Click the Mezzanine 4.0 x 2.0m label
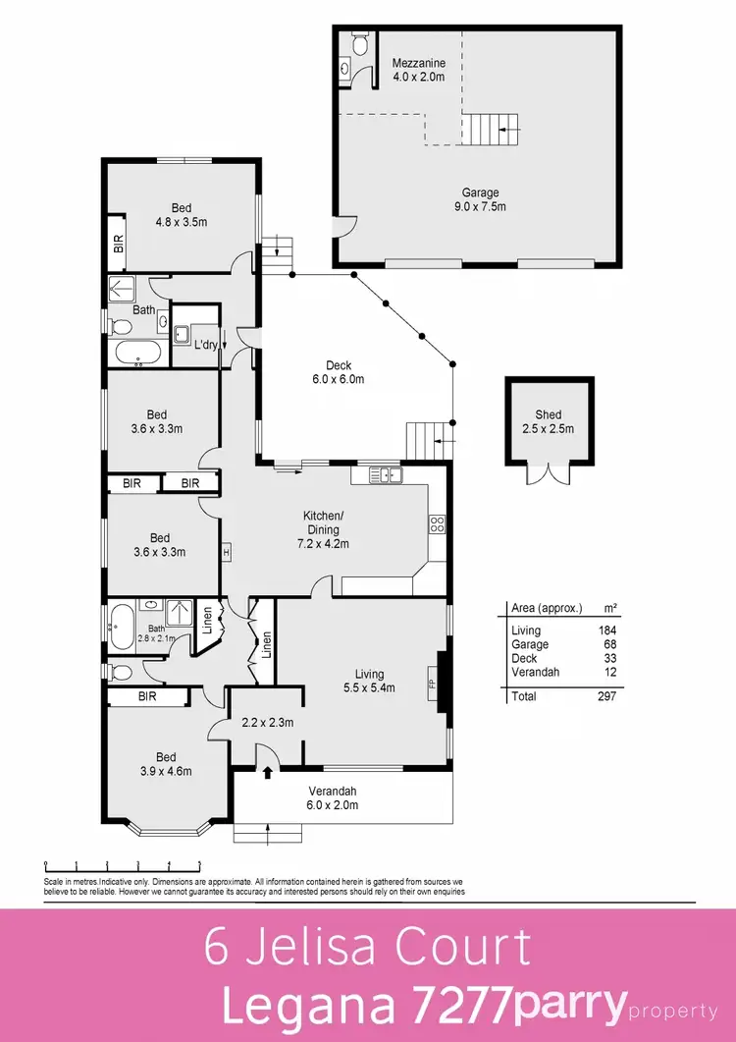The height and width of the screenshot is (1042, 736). click(419, 71)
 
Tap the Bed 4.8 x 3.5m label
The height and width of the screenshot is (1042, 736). click(182, 215)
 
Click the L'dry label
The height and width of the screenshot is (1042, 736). click(205, 346)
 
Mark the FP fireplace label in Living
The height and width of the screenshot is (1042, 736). click(430, 680)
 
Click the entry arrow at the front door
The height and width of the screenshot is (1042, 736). click(267, 772)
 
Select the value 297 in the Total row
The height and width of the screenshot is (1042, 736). click(605, 695)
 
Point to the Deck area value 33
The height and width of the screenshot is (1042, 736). click(608, 658)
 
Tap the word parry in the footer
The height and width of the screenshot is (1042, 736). click(569, 1005)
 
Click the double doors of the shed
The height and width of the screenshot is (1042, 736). click(549, 473)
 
